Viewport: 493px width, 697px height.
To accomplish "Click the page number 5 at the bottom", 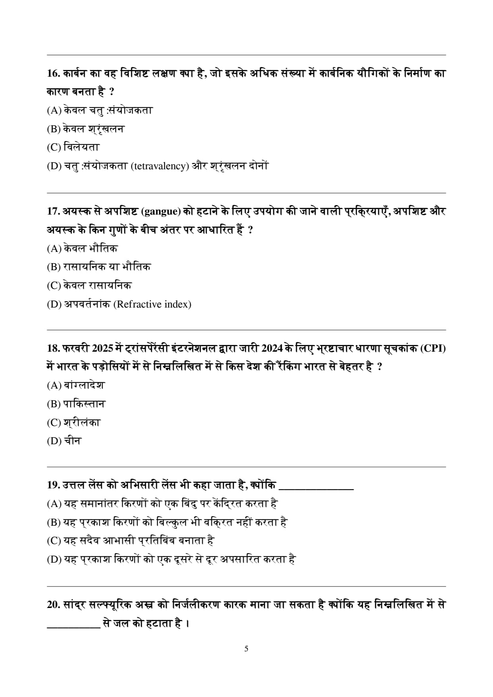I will click(x=246, y=649).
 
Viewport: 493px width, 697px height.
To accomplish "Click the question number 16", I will click(x=52, y=74).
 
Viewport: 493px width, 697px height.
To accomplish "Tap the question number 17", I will click(x=52, y=211).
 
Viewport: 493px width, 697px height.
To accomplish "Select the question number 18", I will click(x=53, y=348).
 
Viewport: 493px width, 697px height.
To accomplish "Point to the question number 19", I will click(x=53, y=485).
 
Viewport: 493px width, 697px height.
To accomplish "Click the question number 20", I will click(x=53, y=605).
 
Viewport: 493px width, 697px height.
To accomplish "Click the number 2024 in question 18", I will click(x=272, y=348).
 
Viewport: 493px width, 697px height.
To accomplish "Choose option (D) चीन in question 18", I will click(x=64, y=441).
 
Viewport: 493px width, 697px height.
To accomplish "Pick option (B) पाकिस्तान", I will click(x=76, y=404).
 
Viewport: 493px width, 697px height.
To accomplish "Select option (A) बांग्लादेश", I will click(x=76, y=385).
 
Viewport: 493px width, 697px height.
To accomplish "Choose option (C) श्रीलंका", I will click(x=74, y=422).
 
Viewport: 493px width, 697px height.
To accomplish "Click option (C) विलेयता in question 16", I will click(x=73, y=147).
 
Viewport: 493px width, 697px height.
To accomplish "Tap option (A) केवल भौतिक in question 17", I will click(x=82, y=249).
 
